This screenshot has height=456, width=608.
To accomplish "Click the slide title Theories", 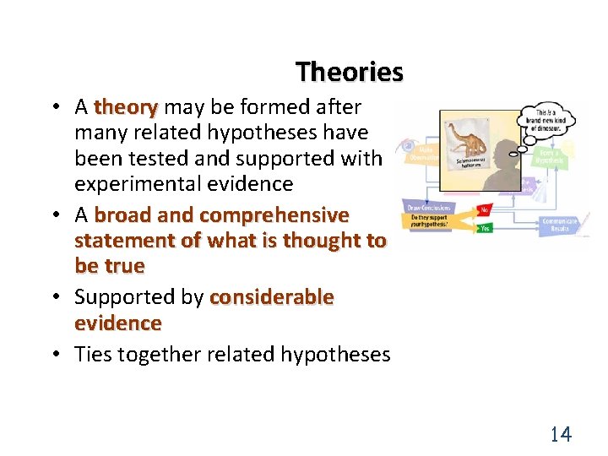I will (350, 73).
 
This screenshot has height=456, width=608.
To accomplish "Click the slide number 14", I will (561, 435).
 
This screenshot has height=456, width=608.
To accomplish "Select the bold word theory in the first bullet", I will (126, 107).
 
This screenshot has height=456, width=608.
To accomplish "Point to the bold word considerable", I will (271, 297).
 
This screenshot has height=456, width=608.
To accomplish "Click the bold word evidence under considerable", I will (117, 323).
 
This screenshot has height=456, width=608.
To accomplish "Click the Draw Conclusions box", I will (429, 208).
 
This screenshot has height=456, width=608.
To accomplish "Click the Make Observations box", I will (420, 151).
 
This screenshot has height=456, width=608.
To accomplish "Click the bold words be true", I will (110, 266).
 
